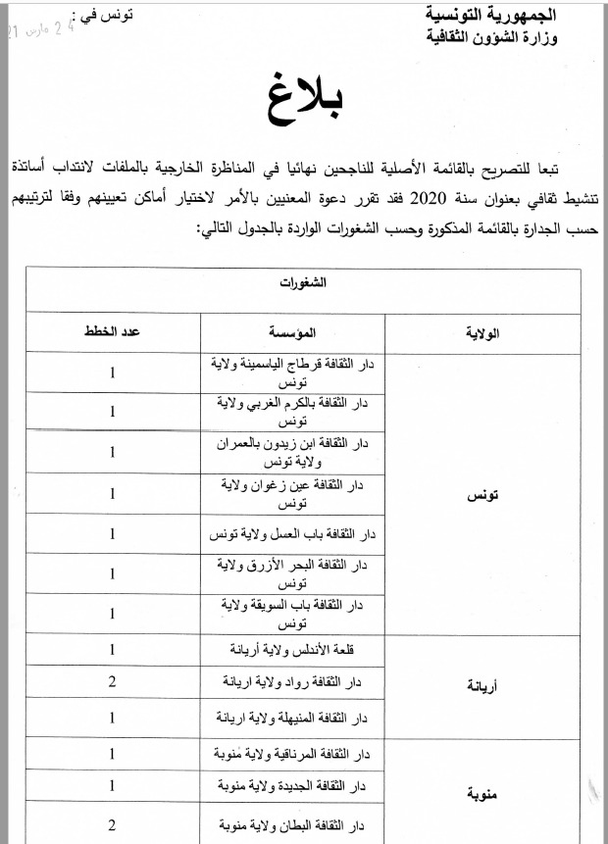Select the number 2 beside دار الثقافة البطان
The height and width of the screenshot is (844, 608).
[x=114, y=824]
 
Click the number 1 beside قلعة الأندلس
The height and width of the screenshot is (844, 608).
[x=114, y=649]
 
